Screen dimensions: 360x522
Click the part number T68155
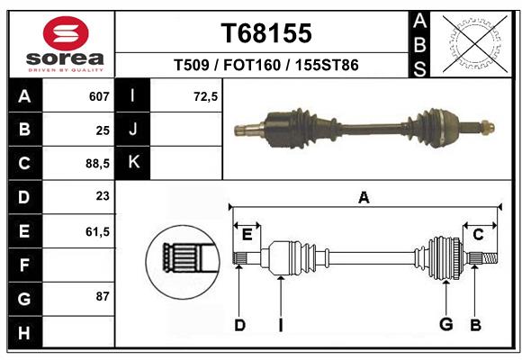point(266,33)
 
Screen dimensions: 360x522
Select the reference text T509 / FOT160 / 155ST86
point(266,65)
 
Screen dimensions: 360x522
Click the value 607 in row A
point(99,96)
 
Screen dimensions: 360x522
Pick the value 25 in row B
point(103,130)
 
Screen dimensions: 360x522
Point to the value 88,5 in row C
point(97,164)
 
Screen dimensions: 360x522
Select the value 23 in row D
point(103,197)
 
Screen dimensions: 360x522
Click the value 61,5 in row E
point(97,231)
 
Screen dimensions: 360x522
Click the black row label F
point(24,265)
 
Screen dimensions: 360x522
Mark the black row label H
point(24,332)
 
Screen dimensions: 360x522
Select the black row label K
point(134,163)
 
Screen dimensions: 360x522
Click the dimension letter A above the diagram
point(364,197)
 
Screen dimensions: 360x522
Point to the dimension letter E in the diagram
point(247,235)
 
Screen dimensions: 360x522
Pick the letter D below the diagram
point(239,325)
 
